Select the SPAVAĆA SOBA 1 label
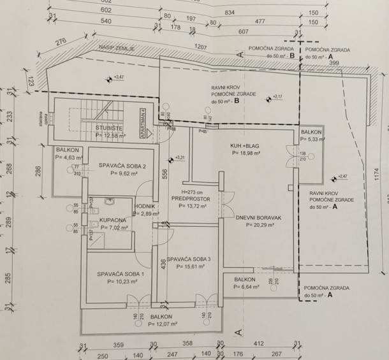pos(121,274)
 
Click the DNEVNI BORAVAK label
pos(258,217)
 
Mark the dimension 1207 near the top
pos(202,47)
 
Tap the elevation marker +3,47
pos(117,78)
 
